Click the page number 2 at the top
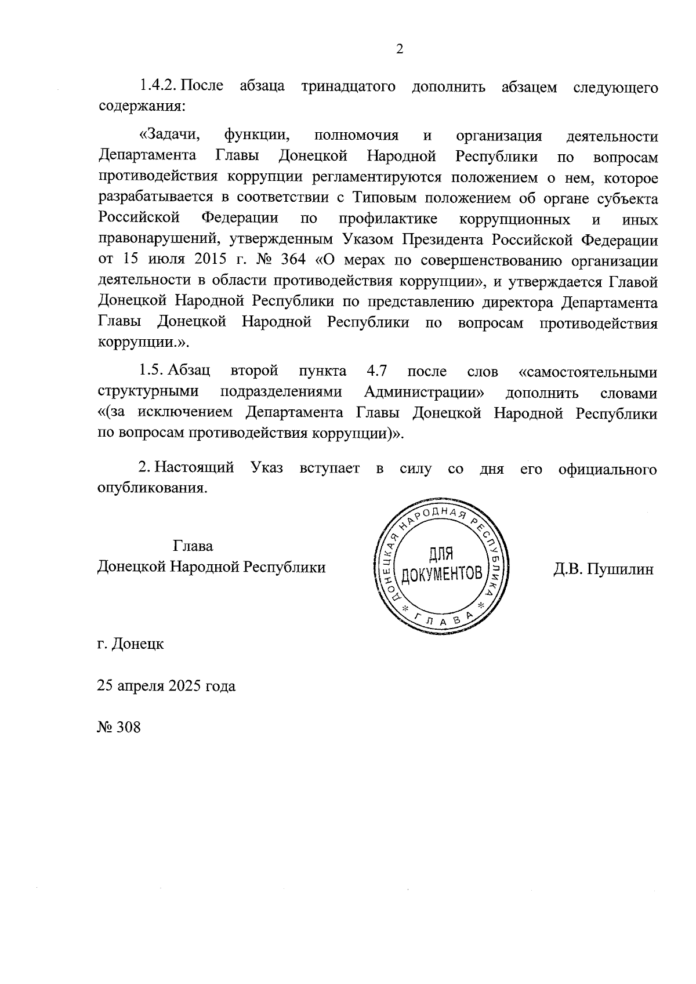399,49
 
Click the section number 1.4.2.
157,86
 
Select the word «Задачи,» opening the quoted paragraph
169,136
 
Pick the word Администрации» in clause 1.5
425,392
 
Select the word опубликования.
152,488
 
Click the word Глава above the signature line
193,546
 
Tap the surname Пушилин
620,569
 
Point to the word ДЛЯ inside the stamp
441,555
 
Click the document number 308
128,727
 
